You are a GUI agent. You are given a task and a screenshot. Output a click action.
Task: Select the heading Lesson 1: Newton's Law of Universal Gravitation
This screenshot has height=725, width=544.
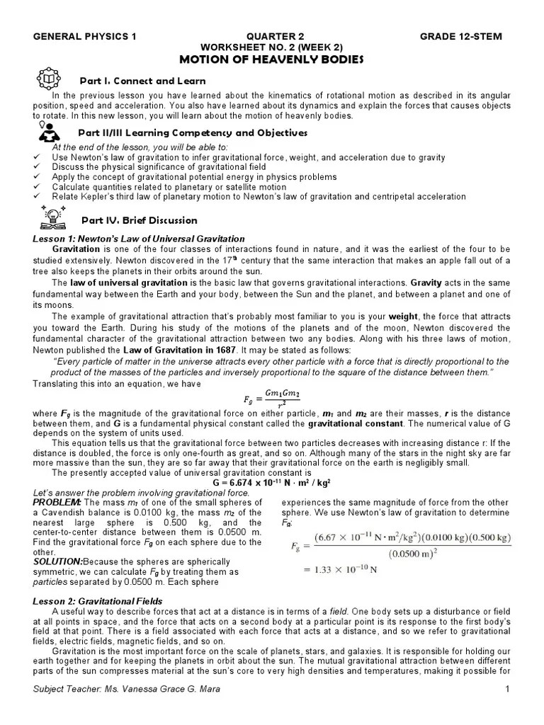click(139, 239)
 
